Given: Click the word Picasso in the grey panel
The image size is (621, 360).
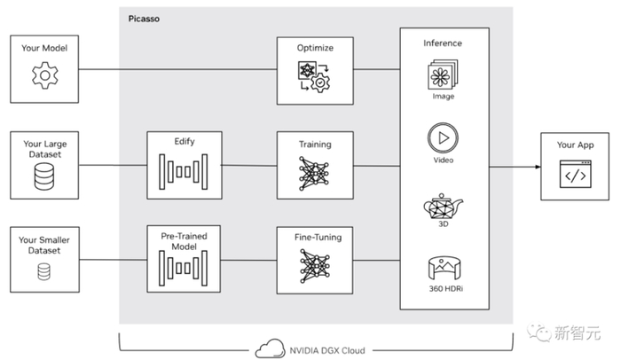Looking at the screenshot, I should coord(145,18).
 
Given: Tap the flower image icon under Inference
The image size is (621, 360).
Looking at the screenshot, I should coord(444,74).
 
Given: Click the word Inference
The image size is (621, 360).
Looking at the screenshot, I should coord(444,43).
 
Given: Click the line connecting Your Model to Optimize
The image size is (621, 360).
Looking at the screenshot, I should coord(177,69).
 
